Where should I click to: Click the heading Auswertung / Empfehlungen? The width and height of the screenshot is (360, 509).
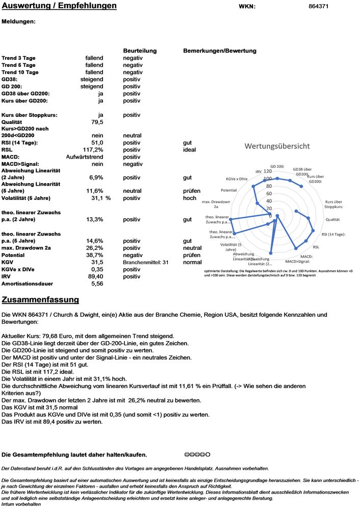59,6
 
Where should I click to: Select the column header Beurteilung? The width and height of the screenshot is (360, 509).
140,51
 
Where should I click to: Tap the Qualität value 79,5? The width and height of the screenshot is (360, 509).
97,122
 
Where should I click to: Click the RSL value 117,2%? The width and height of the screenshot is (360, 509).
93,150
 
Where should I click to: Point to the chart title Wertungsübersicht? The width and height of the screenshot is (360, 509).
277,146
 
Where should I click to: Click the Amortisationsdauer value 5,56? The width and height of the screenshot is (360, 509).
97,284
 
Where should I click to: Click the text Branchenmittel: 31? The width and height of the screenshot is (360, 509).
145,262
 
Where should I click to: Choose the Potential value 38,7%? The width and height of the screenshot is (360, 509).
93,255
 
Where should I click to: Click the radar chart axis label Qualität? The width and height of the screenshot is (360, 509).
333,219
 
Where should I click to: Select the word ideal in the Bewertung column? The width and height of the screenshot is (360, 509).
189,150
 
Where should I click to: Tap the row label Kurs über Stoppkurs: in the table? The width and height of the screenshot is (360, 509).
30,115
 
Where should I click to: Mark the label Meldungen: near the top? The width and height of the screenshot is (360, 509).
19,22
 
